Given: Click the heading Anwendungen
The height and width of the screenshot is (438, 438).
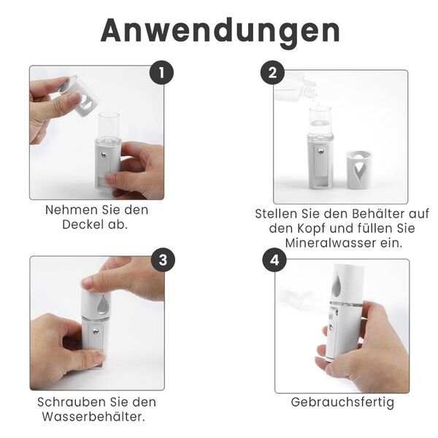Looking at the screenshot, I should coord(220,30).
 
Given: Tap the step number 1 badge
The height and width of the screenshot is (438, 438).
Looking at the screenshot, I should coord(161,73).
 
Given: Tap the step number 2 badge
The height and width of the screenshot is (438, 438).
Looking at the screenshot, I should coord(273,73).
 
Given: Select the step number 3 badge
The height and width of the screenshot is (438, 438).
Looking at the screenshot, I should coord(161,260).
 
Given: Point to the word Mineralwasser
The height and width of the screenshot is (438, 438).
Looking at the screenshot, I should coord(319,243).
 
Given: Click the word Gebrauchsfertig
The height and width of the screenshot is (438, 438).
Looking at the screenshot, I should coord(342,402).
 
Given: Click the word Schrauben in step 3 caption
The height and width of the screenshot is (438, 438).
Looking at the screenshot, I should coord(69,402).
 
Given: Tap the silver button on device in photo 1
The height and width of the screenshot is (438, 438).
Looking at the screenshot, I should coord(107,155).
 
